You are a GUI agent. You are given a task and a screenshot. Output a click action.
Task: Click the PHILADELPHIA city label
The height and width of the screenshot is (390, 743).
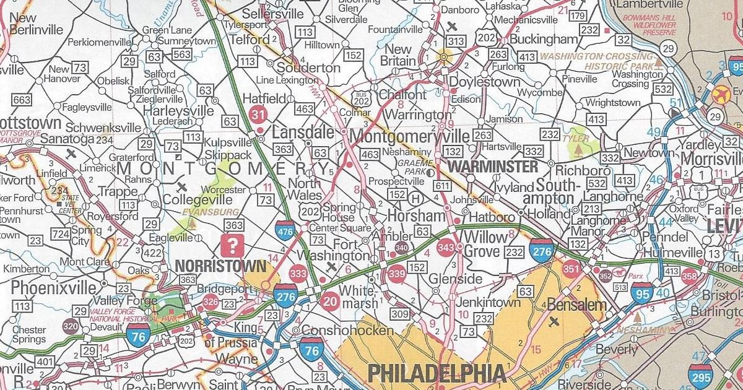pos(436,373)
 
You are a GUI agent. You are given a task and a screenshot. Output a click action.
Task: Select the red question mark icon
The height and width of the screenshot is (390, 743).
pos(233,245)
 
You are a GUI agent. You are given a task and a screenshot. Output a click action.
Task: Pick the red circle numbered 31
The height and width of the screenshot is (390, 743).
pos(258,115)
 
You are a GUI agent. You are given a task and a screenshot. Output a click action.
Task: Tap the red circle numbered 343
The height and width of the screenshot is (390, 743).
pos(446,248)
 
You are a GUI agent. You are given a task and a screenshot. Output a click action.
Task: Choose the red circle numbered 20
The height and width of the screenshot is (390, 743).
pos(330,301)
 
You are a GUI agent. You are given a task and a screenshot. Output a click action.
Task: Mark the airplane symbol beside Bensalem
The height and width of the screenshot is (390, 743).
pos(552,321)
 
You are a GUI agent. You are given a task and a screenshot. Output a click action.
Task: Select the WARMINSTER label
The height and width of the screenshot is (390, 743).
pos(493,167)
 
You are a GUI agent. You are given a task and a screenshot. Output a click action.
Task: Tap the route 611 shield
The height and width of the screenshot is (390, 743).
pos(442,186)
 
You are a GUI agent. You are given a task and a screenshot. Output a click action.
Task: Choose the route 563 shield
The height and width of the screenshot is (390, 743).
pos(181,54)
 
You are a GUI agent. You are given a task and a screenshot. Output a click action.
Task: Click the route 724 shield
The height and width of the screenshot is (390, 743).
pos(60,235)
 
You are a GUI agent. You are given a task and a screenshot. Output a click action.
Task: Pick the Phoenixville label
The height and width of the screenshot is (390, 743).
pos(54,288)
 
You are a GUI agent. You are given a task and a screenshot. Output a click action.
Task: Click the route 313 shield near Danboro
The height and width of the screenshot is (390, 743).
pos(456,41)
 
